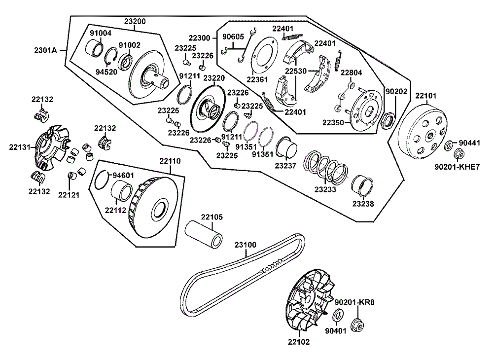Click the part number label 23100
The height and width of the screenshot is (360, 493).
click(x=245, y=245)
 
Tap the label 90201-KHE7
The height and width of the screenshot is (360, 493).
click(x=457, y=167)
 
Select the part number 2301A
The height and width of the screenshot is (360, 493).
click(x=45, y=50)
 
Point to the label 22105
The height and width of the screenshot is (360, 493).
click(x=212, y=217)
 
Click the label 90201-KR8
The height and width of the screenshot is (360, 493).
click(x=354, y=302)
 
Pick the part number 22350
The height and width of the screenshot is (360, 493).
click(x=333, y=122)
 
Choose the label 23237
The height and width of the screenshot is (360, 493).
click(x=285, y=166)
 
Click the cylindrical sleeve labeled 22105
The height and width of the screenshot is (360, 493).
click(x=204, y=233)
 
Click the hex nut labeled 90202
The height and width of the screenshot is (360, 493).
click(x=388, y=121)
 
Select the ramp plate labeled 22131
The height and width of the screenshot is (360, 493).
click(x=51, y=148)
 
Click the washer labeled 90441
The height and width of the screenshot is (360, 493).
click(x=449, y=146)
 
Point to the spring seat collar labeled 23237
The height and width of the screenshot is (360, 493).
click(x=286, y=147)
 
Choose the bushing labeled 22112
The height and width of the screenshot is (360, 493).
click(x=122, y=191)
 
